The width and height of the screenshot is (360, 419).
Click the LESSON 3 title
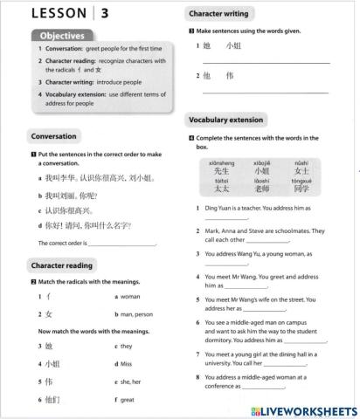pyautogui.click(x=70, y=13)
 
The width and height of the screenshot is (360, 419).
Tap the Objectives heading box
pyautogui.click(x=61, y=36)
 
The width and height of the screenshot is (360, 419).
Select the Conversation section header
pyautogui.click(x=53, y=136)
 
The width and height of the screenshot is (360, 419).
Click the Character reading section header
pyautogui.click(x=64, y=264)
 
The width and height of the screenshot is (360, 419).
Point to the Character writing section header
pyautogui.click(x=219, y=14)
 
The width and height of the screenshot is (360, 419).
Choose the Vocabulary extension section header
pyautogui.click(x=230, y=120)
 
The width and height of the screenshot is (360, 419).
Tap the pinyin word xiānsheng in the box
pyautogui.click(x=222, y=163)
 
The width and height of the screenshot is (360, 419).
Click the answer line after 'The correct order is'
pyautogui.click(x=121, y=245)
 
